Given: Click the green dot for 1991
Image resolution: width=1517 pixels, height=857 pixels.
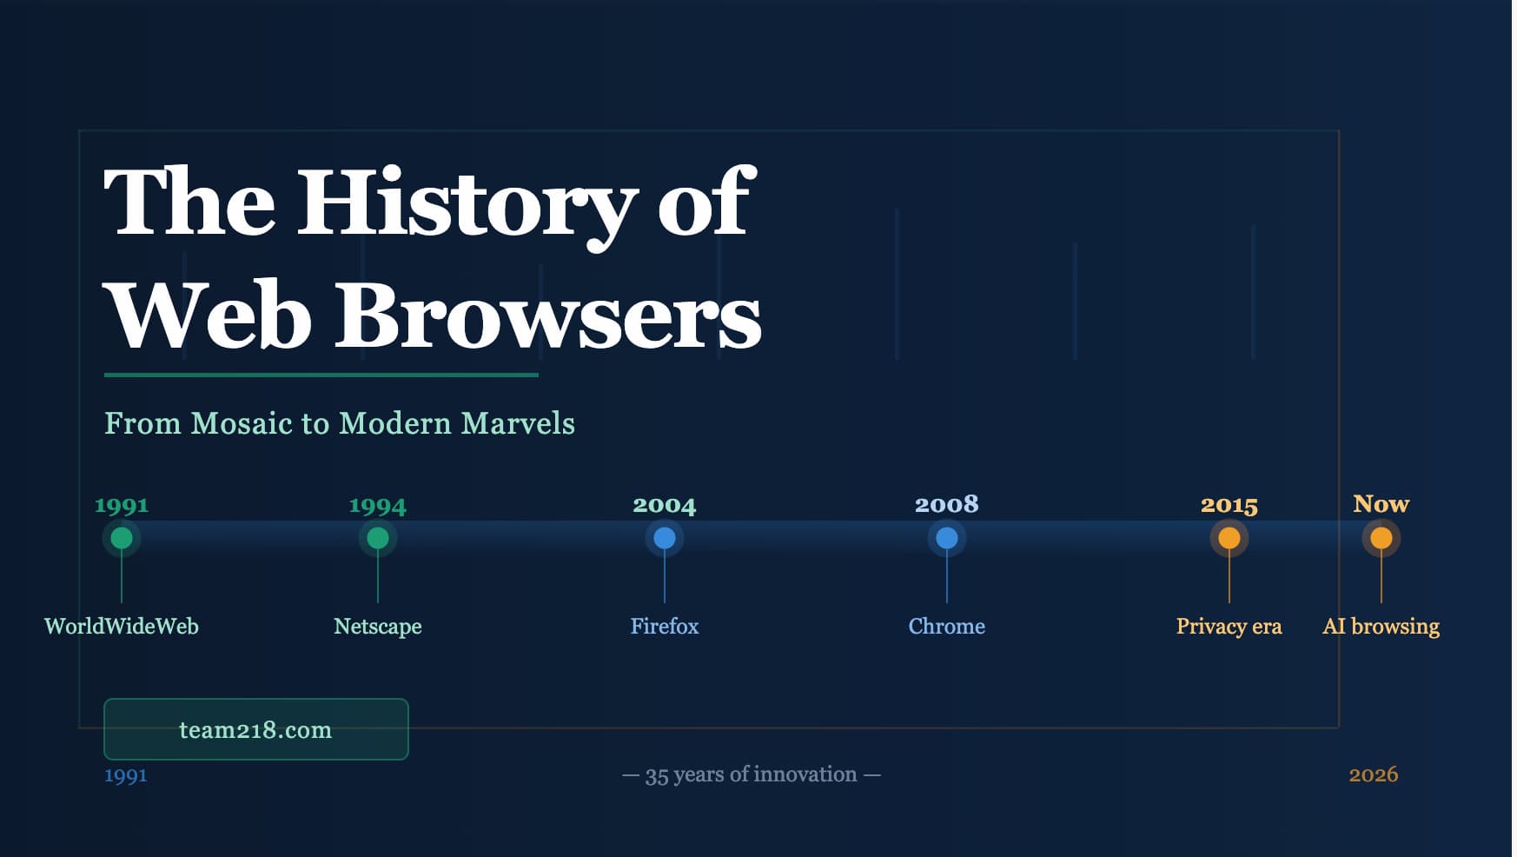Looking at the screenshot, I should coord(122,538).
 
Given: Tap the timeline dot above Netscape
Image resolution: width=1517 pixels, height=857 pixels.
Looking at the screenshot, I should coord(378,538).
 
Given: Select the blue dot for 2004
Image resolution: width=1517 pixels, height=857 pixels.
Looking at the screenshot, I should coord(665,538).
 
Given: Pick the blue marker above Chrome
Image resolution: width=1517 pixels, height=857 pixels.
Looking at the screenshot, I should coord(947,538).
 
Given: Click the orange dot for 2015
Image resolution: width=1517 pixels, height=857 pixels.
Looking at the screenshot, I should coord(1229,538).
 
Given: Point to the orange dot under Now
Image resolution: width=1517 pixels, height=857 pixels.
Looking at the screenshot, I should coord(1381,538).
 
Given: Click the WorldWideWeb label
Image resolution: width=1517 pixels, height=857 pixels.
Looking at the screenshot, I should coord(122,627).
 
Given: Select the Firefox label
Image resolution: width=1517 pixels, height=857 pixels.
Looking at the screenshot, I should coord(665,627).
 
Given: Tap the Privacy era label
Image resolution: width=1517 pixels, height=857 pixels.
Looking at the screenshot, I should coord(1229,627).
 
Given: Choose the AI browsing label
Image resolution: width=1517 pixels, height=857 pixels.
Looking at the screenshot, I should coord(1381,627).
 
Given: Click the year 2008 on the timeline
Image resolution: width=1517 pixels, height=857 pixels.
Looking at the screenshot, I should coord(947,504).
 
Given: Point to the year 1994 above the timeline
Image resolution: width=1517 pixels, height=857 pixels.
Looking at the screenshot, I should coord(378,506).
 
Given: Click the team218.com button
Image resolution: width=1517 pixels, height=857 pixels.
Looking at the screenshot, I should coord(255,729).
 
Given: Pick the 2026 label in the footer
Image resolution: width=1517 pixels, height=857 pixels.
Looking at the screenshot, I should coord(1374,774).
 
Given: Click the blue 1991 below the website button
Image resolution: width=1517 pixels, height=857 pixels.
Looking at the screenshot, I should coord(126,775).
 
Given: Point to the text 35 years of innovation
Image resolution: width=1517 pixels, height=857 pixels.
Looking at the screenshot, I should coord(752,774).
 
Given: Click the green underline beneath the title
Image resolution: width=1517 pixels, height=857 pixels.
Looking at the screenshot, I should coord(321,375).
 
